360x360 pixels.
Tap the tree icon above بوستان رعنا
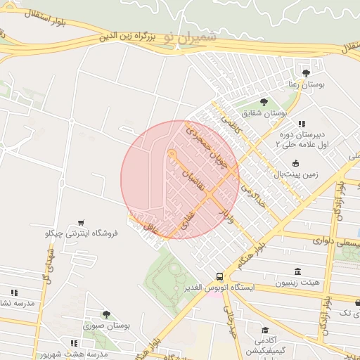[x=306, y=72]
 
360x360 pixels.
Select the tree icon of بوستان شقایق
[x=264, y=102]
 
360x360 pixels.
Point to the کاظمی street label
[x=231, y=124]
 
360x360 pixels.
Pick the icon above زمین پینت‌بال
[x=295, y=163]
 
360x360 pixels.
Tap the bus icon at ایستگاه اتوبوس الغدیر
[x=220, y=276]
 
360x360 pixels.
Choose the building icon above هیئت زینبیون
[x=297, y=271]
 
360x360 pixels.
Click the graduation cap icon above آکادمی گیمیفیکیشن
[x=264, y=330]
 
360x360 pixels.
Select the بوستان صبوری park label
[x=107, y=326]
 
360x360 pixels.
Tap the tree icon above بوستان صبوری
[x=106, y=315]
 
